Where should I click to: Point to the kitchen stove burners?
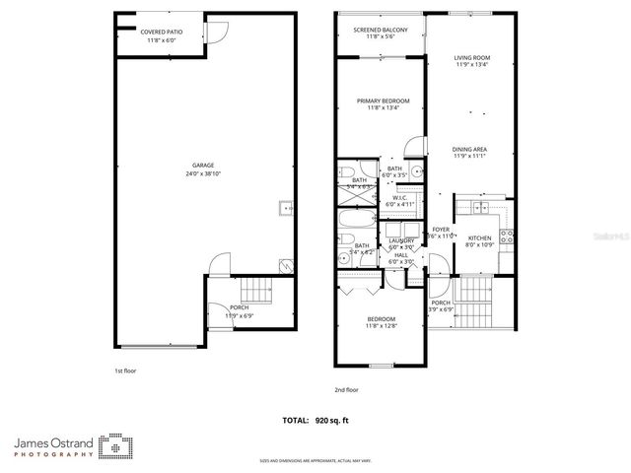[x=507, y=236]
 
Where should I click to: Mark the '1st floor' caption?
[x=124, y=371]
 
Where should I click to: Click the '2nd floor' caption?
[x=346, y=390]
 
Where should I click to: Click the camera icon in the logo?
[x=115, y=447]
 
